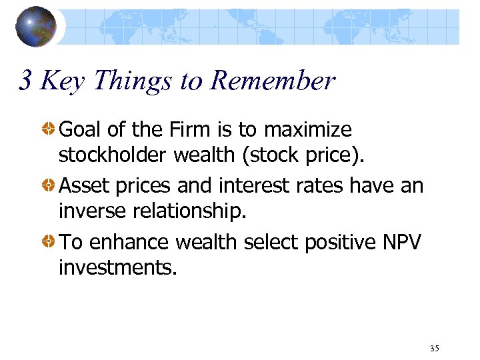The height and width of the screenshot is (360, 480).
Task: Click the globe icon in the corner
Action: [35, 27]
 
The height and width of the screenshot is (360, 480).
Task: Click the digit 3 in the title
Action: [25, 81]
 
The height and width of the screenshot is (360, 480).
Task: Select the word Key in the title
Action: [63, 81]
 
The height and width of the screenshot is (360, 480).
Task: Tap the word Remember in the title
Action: [273, 81]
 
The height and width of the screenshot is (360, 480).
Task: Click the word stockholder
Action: [113, 155]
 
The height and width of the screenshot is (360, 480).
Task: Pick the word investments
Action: [117, 268]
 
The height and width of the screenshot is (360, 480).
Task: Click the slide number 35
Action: [435, 349]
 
